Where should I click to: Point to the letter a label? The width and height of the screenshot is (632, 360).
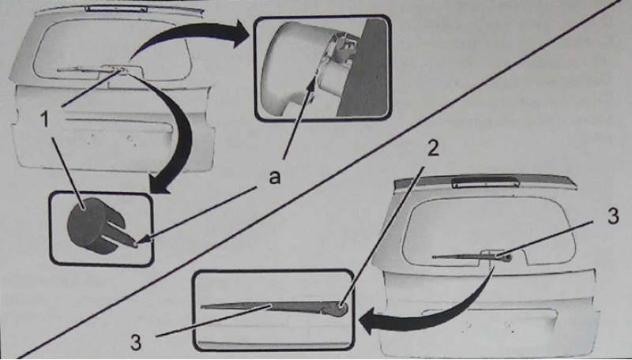pos(274,177)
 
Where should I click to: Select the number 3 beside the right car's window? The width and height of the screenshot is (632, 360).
pos(613,216)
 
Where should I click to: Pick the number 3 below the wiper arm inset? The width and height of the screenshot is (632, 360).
pos(136,343)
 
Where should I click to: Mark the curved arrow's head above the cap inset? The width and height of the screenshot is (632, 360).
pos(161,186)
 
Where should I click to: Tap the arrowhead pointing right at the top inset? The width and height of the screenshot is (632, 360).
pos(241,33)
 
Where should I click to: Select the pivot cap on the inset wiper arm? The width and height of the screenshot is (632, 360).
pos(341,309)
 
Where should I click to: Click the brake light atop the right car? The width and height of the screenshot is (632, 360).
pos(485,182)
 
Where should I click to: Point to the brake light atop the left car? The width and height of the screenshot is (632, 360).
pos(116,9)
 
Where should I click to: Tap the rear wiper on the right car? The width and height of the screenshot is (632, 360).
pos(472,256)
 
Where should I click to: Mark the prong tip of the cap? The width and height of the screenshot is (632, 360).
pos(136,243)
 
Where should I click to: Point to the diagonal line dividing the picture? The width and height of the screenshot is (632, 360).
pos(318,179)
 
